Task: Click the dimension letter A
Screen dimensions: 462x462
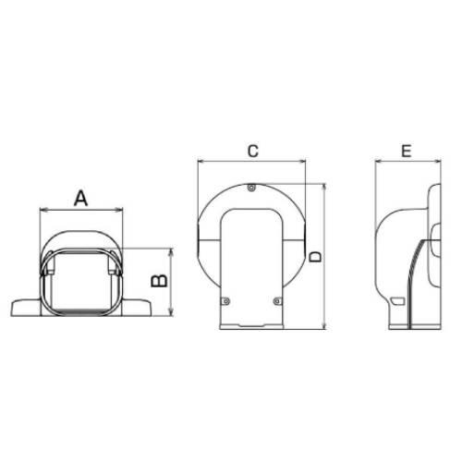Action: point(81,199)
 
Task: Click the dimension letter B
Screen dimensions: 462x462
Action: point(160,281)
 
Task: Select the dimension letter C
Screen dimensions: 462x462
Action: point(253,151)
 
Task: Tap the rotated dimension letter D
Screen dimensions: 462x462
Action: point(315,257)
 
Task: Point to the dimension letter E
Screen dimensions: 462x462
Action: point(407,151)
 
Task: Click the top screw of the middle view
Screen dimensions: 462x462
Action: point(252,188)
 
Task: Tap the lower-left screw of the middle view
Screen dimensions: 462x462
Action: point(226,301)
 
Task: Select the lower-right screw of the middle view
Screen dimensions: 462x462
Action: point(277,301)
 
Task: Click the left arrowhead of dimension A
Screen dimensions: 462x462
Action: point(43,211)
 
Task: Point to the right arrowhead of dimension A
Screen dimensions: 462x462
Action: point(119,211)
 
